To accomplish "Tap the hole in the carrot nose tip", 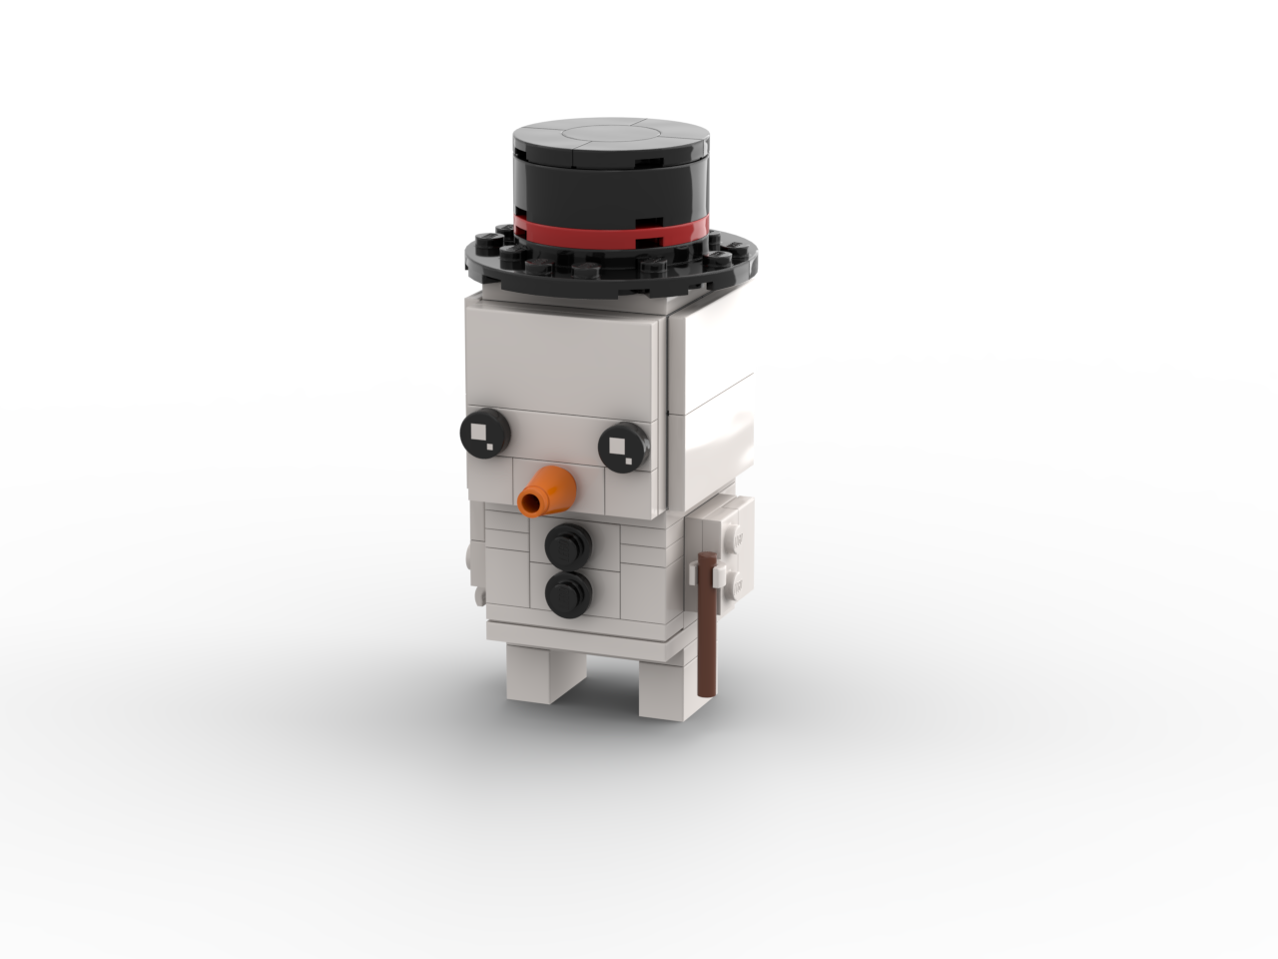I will point(530,500).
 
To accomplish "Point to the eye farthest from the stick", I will point(484,431).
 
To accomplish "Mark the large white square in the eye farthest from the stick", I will point(480,430).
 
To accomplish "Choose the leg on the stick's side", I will point(655,689).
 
